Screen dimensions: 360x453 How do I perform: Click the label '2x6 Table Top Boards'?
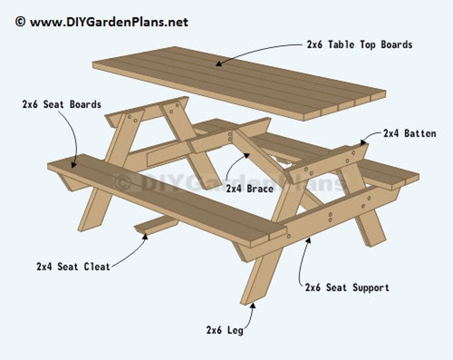click(x=359, y=45)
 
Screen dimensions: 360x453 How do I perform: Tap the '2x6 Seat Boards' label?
click(x=61, y=105)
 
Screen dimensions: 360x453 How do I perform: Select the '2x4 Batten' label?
click(x=410, y=133)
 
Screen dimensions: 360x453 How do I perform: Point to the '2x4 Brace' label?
click(x=249, y=189)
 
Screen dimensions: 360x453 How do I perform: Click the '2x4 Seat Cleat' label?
click(x=73, y=266)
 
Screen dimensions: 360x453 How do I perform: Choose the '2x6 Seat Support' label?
click(x=346, y=287)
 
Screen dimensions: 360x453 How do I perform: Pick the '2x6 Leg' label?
click(x=229, y=329)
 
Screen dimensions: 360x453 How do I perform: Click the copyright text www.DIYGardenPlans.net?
click(x=101, y=22)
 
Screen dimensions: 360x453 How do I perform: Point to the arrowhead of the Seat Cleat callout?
click(x=145, y=233)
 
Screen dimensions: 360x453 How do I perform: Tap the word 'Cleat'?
click(x=95, y=266)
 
